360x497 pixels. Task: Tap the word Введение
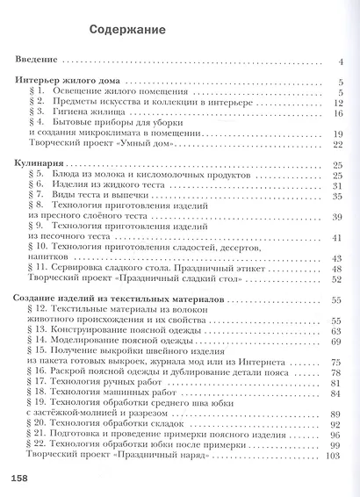[40, 61]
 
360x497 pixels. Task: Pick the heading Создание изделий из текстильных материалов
[117, 300]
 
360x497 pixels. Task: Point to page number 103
[332, 455]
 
